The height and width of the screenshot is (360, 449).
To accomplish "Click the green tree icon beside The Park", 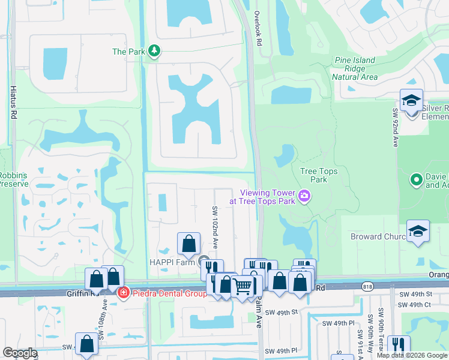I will pyautogui.click(x=155, y=52).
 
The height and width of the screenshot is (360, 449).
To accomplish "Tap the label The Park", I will pyautogui.click(x=128, y=52).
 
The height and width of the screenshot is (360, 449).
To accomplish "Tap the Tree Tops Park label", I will pyautogui.click(x=319, y=175).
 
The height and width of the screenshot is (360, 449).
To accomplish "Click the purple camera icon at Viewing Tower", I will pyautogui.click(x=305, y=196).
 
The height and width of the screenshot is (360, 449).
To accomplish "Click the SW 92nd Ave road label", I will pyautogui.click(x=396, y=127).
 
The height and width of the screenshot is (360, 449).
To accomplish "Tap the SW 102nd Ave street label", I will pyautogui.click(x=214, y=227).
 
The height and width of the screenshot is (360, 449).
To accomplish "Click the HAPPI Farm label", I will pyautogui.click(x=173, y=262).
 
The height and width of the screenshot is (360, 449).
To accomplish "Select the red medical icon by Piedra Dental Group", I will pyautogui.click(x=123, y=293).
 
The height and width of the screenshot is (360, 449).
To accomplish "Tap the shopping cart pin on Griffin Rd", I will pyautogui.click(x=242, y=287).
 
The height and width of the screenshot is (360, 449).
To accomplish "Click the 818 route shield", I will pyautogui.click(x=367, y=287).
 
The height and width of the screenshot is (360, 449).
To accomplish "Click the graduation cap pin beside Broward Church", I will pyautogui.click(x=418, y=232).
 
